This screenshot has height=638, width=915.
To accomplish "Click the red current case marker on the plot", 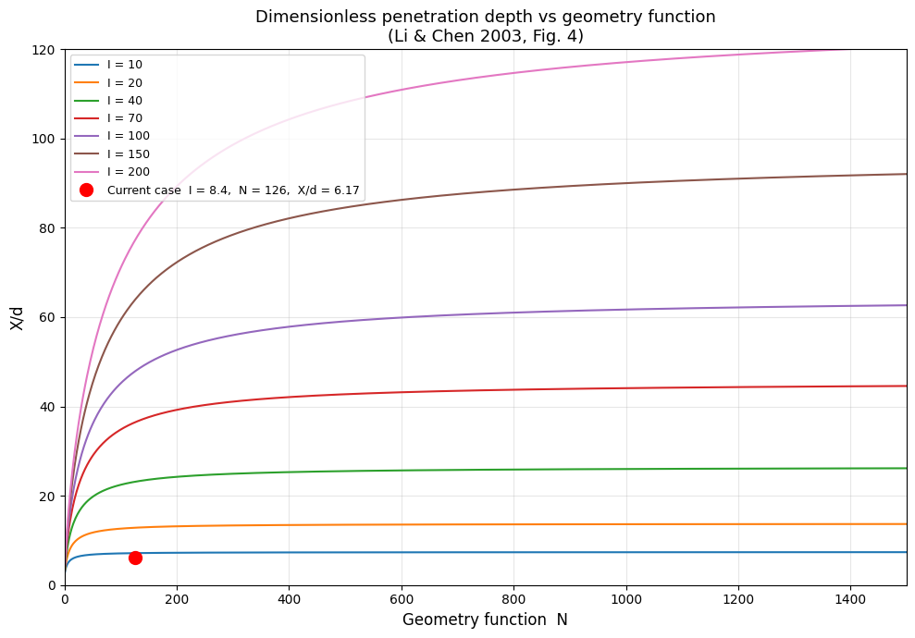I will [135, 558].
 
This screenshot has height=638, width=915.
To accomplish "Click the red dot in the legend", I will [87, 190].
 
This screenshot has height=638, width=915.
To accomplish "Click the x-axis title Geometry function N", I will [485, 620].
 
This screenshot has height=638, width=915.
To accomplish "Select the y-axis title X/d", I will [18, 317].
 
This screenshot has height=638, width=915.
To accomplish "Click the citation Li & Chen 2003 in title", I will [455, 37].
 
